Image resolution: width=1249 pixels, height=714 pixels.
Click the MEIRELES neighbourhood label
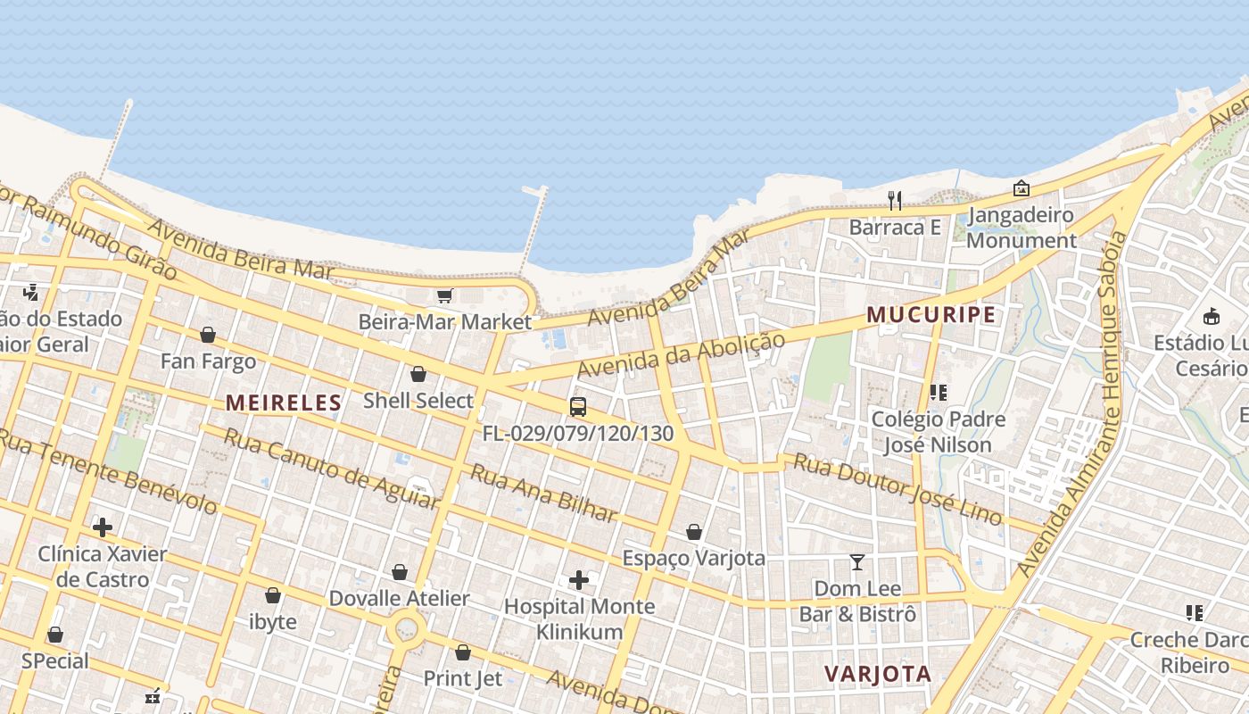[284, 403]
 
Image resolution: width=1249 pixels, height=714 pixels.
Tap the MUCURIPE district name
[931, 315]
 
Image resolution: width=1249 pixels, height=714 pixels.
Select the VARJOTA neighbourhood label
[878, 674]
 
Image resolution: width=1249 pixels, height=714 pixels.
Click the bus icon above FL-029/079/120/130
[578, 407]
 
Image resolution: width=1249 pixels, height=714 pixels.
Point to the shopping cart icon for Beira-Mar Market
[444, 295]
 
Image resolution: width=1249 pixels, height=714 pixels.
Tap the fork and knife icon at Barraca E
[895, 201]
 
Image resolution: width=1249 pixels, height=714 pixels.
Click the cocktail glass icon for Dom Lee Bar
[857, 562]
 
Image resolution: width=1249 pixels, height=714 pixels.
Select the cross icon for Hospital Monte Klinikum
[579, 580]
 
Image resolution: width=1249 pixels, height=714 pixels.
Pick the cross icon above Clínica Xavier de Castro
[103, 527]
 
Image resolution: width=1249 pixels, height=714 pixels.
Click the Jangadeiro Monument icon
[1022, 188]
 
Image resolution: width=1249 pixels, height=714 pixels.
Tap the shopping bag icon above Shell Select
[418, 374]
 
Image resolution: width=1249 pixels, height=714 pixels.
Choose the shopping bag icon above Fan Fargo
[208, 335]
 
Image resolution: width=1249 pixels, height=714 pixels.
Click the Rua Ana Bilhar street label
[543, 494]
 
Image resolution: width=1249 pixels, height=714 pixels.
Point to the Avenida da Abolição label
[682, 355]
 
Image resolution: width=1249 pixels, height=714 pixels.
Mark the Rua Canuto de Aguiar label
[330, 469]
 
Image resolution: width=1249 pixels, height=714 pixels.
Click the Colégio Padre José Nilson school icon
[938, 393]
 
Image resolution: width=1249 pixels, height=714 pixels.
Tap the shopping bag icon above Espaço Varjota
[694, 532]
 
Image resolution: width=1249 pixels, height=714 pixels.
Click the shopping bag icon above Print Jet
[462, 652]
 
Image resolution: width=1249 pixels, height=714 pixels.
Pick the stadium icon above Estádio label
[1212, 316]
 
